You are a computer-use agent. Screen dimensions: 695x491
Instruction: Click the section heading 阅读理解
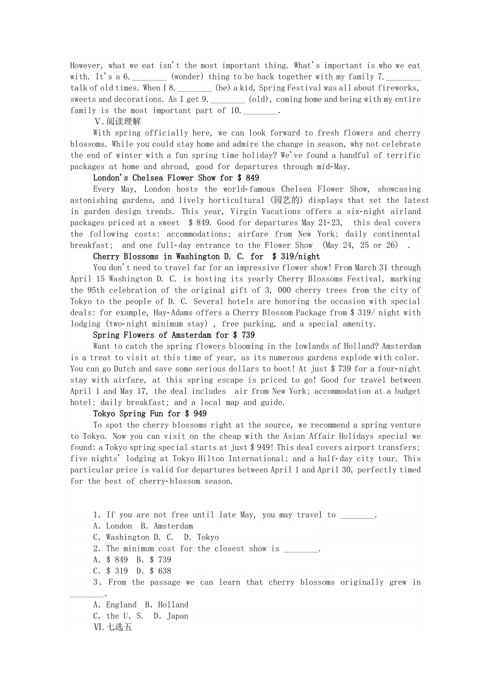tap(117, 122)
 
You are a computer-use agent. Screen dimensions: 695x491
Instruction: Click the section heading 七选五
tap(112, 627)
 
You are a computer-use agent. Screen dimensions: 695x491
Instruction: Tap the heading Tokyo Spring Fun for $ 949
tap(150, 414)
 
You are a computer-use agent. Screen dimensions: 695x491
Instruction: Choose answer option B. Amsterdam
tap(167, 526)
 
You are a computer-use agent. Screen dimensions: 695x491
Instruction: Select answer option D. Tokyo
tap(201, 537)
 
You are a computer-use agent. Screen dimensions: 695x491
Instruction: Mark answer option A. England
tap(115, 604)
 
